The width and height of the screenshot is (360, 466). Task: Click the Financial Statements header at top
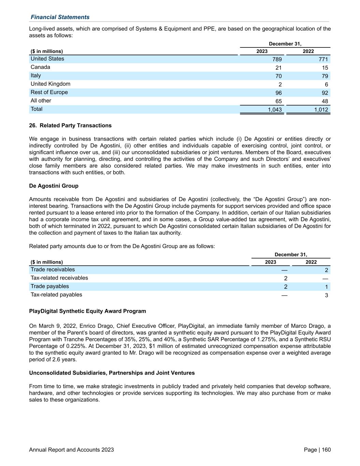point(60,17)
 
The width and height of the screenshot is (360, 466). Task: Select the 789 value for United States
point(277,59)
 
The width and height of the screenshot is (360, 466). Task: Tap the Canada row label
point(40,67)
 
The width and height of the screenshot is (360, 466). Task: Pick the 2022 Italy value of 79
point(325,76)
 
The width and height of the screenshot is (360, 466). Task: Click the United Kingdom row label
point(51,84)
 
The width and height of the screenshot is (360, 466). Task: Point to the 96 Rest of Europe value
point(278,93)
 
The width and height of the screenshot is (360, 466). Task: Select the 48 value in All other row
point(325,101)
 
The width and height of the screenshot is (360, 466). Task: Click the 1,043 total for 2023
point(275,110)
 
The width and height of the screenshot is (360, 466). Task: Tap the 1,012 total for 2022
point(321,110)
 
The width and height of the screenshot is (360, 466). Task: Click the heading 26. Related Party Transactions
point(70,126)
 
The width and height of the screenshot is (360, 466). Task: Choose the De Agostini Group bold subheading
point(54,186)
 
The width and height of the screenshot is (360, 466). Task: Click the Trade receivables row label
point(53,270)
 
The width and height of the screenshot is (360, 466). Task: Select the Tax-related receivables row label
point(59,278)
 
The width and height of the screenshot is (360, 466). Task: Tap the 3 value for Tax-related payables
point(326,295)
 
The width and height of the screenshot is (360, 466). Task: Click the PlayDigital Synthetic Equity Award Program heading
point(87,311)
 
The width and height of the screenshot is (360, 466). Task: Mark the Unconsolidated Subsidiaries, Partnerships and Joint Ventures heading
point(112,373)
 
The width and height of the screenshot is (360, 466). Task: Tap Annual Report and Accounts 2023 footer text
point(71,450)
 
